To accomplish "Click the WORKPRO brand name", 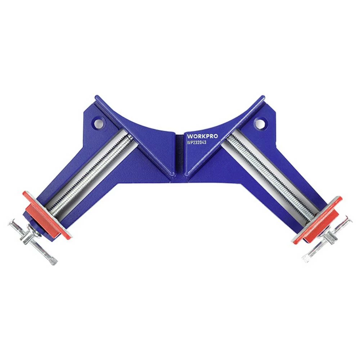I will pyautogui.click(x=202, y=136).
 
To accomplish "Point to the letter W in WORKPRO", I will pyautogui.click(x=189, y=136).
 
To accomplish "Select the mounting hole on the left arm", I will pyautogui.click(x=98, y=124).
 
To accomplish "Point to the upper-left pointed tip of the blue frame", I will pyautogui.click(x=96, y=97).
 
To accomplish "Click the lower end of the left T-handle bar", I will pyautogui.click(x=53, y=262).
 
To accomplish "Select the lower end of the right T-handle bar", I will pyautogui.click(x=306, y=258).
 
